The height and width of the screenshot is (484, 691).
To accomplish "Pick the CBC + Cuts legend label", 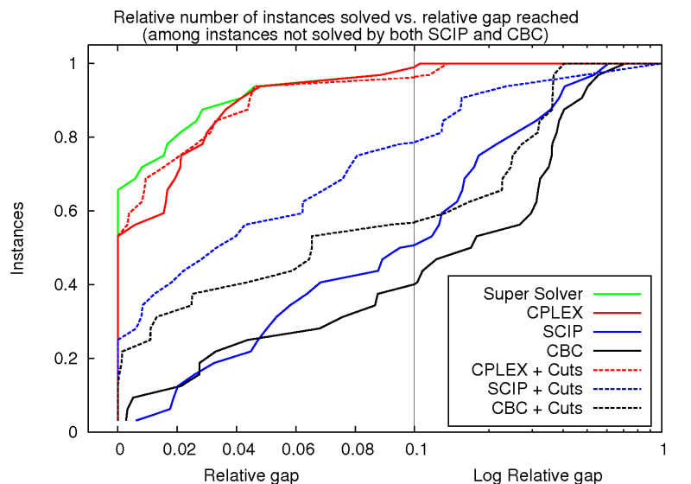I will coord(536,407).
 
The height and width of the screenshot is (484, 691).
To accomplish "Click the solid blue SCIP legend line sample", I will coord(618,331).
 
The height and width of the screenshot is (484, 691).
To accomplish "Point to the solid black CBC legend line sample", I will coord(618,350).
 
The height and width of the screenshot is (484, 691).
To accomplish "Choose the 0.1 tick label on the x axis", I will coord(415,450).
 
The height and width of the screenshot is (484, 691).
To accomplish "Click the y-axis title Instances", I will coord(18,239).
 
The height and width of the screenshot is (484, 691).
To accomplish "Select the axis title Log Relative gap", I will coord(538,474).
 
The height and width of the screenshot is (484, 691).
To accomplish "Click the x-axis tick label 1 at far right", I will coord(662,450).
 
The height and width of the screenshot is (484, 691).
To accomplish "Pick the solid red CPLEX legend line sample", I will coord(618,312).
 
